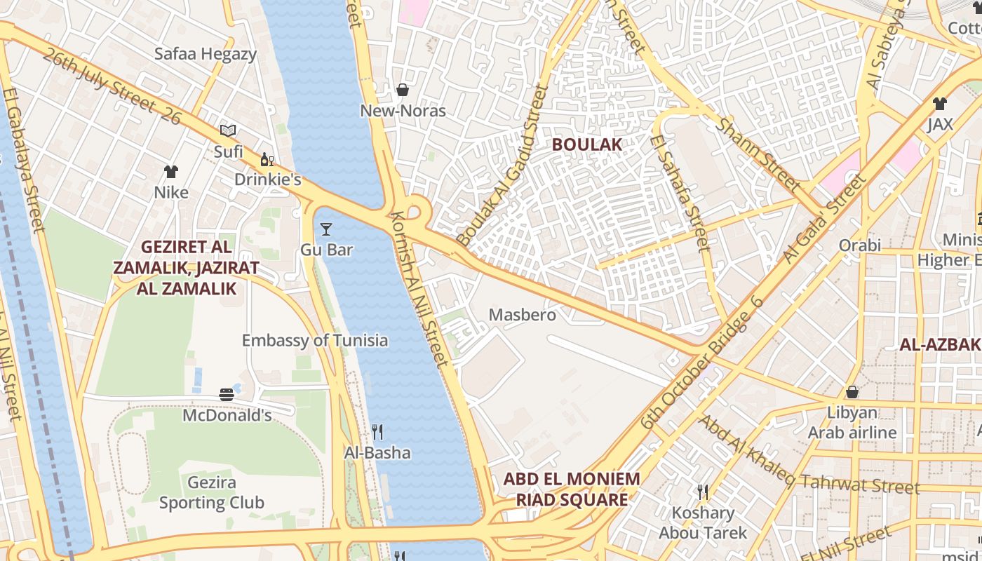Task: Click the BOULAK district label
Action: tap(586, 144)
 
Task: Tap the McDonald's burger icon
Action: tap(227, 395)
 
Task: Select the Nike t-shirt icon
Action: tap(171, 171)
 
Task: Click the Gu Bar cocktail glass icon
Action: tap(326, 229)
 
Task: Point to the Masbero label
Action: tap(522, 315)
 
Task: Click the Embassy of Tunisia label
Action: tap(314, 341)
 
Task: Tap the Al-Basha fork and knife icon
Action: tap(377, 431)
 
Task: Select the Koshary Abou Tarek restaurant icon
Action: tap(701, 492)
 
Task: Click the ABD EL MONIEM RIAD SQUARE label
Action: tap(572, 489)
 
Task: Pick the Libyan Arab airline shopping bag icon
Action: tap(852, 391)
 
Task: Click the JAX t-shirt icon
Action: tap(940, 104)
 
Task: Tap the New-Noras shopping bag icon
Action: tap(403, 90)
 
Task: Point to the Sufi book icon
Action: tap(228, 130)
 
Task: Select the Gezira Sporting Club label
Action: tap(211, 493)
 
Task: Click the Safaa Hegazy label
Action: tap(206, 54)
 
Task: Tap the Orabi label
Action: tap(860, 245)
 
